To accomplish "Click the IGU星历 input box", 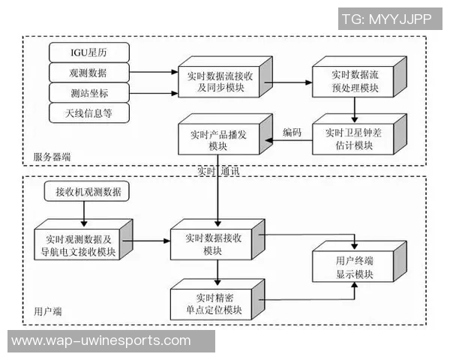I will coord(88,52).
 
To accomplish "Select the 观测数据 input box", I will coord(88,73).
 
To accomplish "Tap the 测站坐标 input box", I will coord(88,93).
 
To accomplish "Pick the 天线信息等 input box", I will coord(88,113).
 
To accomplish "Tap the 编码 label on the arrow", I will coord(292,132).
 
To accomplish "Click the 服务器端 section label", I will coord(52,157).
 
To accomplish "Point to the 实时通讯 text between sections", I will coord(217,171).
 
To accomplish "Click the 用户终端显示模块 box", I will coord(355,267).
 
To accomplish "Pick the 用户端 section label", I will coord(48,310).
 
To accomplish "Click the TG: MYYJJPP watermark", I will coord(386,19).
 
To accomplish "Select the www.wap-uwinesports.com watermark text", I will coord(101,341).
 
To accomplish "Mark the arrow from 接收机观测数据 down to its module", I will coord(82,212).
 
